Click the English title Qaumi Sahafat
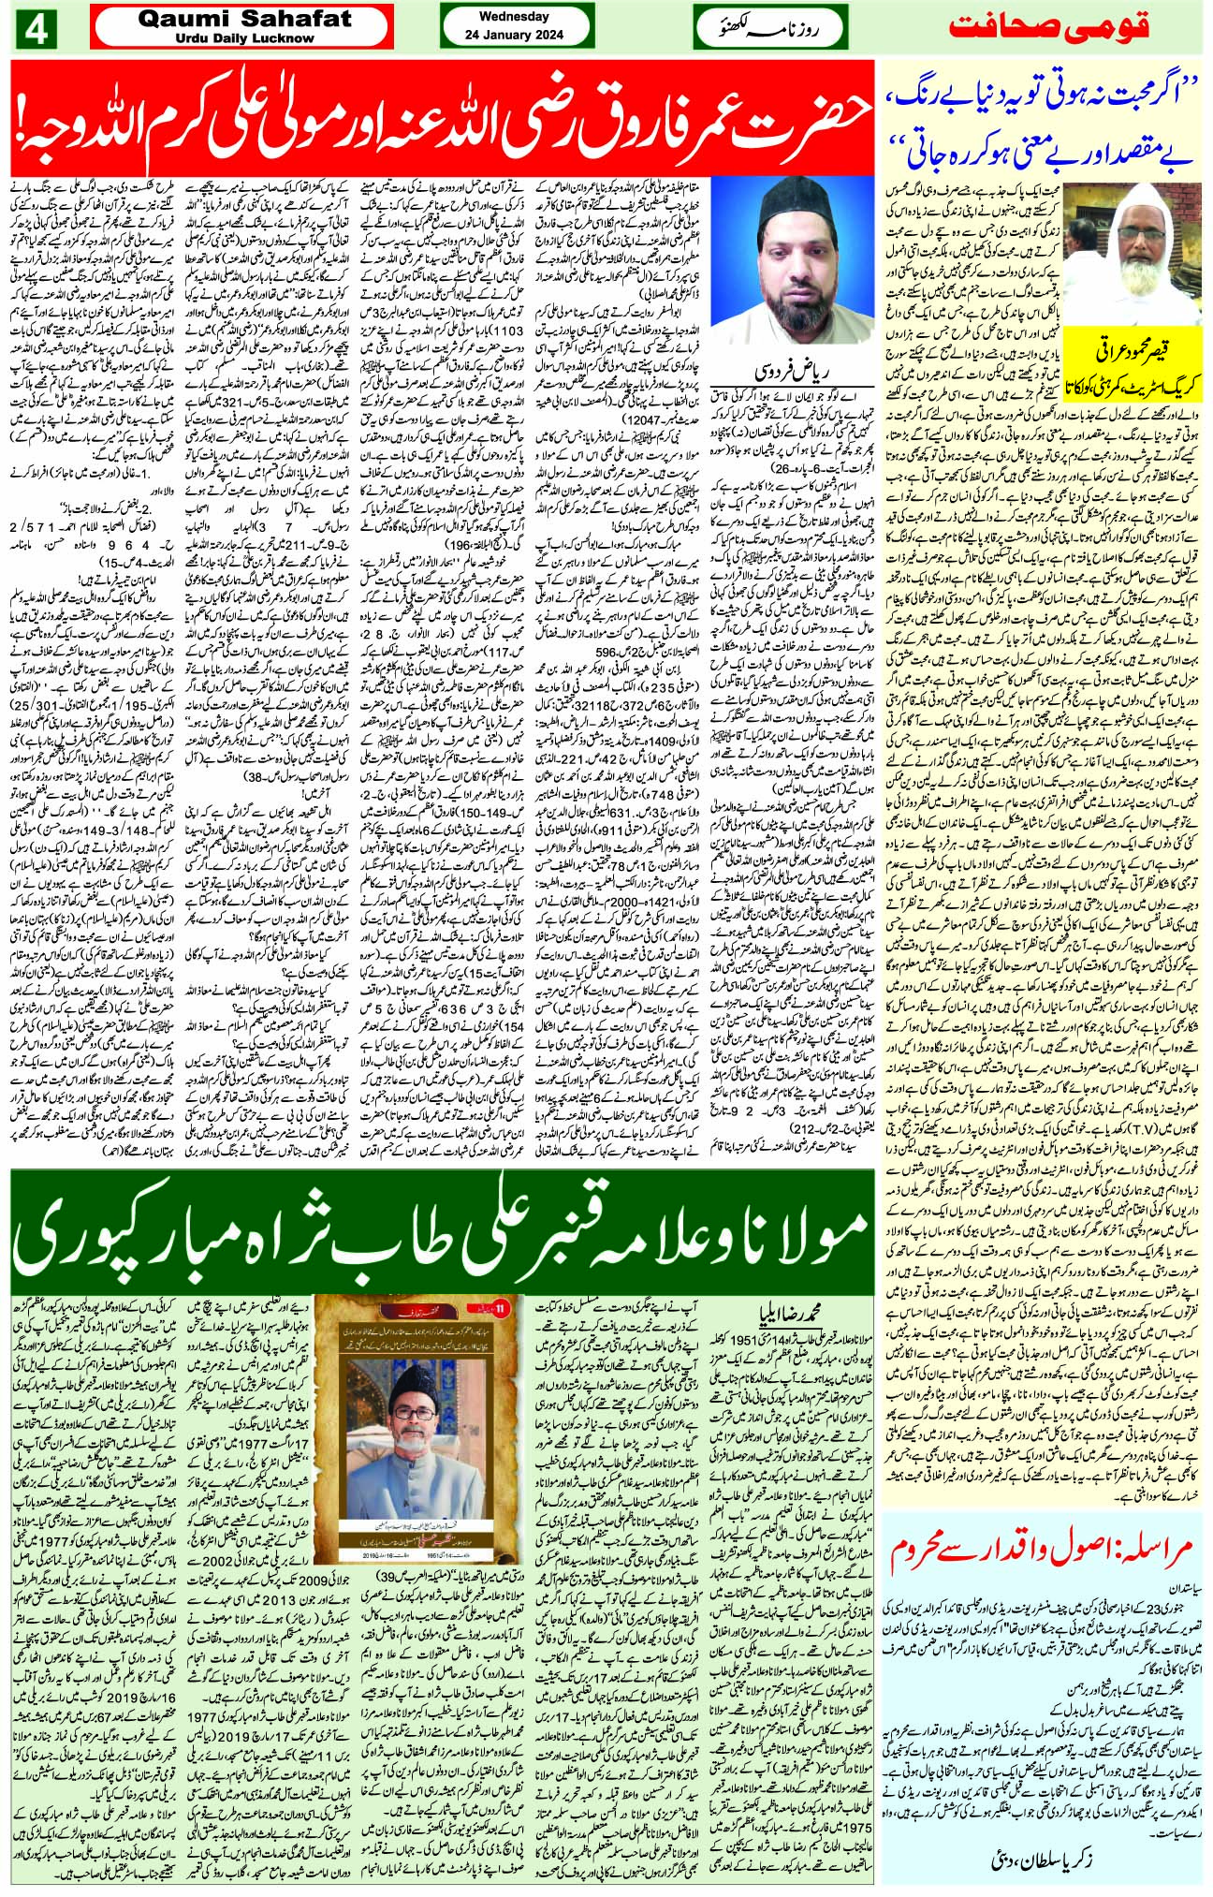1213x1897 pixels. click(x=241, y=18)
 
